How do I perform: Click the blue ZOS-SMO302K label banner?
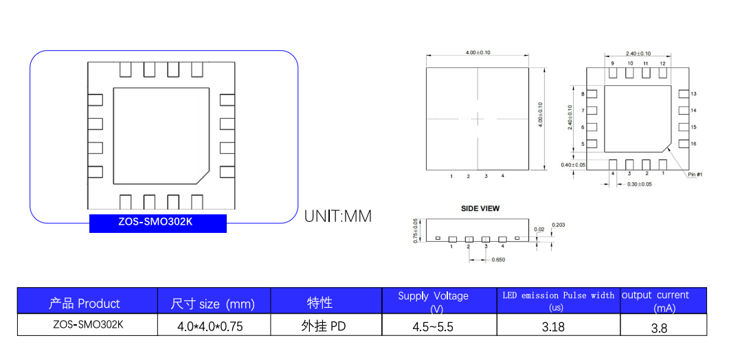coord(157,223)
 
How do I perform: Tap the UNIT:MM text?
coord(338,216)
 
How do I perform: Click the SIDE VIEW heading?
coord(480,208)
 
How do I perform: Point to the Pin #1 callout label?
coord(695,175)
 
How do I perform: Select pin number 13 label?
coord(693,94)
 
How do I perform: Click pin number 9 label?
coord(612,63)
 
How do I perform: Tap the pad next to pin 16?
coord(683,144)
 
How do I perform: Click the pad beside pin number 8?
coord(592,94)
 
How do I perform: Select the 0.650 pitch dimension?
coord(498,260)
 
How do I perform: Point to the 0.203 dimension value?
coord(559,225)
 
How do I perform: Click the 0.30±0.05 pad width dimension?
coord(639,184)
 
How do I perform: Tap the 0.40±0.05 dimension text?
coord(573,165)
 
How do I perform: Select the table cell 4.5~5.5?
coord(433,326)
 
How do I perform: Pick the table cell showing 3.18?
coord(553,326)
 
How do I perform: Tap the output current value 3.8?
coord(660,328)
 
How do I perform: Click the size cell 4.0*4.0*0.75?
coord(210,326)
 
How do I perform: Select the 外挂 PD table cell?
coord(324,326)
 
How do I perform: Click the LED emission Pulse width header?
coord(559,295)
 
